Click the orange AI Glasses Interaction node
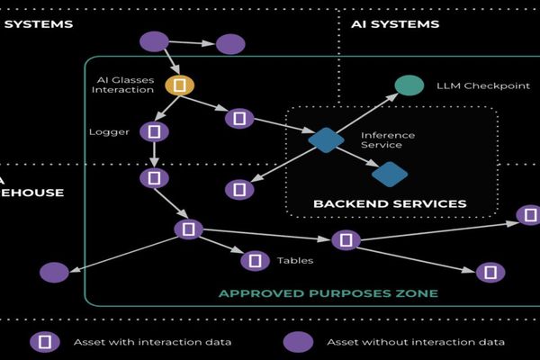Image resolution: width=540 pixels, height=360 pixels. [x=180, y=85]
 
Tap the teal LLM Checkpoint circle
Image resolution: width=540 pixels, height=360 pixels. [x=409, y=85]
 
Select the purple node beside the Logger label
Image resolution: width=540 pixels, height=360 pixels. [x=155, y=131]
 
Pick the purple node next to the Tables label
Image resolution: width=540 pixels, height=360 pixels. [x=256, y=261]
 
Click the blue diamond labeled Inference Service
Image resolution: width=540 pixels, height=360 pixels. [x=326, y=139]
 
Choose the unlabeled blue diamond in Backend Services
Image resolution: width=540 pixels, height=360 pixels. [x=390, y=174]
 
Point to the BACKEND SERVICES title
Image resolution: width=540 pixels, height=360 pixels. [x=390, y=203]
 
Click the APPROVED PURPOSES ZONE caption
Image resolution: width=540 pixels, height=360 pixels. [x=328, y=293]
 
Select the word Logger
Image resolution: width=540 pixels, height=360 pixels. [x=109, y=132]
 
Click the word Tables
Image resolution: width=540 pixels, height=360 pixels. [x=295, y=261]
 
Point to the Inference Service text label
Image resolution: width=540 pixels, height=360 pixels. [x=387, y=140]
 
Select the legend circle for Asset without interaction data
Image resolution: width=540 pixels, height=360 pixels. [x=298, y=342]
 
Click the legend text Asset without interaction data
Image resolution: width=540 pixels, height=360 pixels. [x=415, y=342]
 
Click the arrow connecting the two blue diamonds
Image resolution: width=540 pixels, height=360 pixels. [x=358, y=157]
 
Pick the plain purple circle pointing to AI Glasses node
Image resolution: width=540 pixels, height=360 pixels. [x=155, y=41]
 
